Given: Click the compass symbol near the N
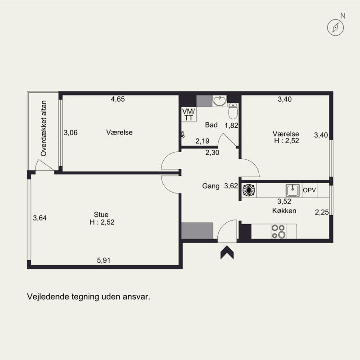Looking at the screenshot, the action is (335, 27).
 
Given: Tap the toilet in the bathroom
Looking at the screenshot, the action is (233, 111).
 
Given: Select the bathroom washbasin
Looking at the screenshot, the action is (220, 101).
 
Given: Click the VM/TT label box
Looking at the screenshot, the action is (189, 114).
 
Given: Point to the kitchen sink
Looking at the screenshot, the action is (292, 190).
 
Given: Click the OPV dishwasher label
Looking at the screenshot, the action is (309, 190).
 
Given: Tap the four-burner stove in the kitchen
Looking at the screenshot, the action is (278, 231).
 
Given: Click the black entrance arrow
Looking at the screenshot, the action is (227, 252).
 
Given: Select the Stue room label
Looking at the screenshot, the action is (101, 215).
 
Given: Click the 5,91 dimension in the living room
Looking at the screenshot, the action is (103, 261).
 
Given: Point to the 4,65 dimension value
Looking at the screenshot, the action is (118, 99).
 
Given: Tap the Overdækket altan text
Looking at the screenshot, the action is (43, 128).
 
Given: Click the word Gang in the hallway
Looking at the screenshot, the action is (211, 186).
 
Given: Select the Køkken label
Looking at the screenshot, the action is (284, 211).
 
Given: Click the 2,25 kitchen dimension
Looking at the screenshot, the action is (322, 212).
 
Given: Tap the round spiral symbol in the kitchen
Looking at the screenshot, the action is (249, 190).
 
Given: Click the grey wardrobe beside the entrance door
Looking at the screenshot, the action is (197, 231).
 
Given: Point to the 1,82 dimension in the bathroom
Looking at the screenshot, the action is (231, 126).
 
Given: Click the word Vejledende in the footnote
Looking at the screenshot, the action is (48, 297).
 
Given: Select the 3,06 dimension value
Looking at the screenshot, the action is (71, 132).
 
